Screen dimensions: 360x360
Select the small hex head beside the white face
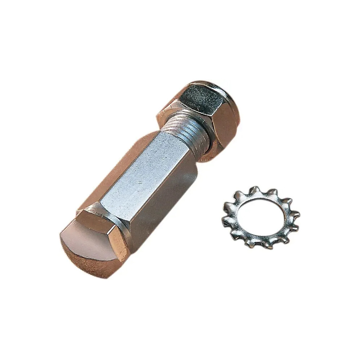(104, 230)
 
